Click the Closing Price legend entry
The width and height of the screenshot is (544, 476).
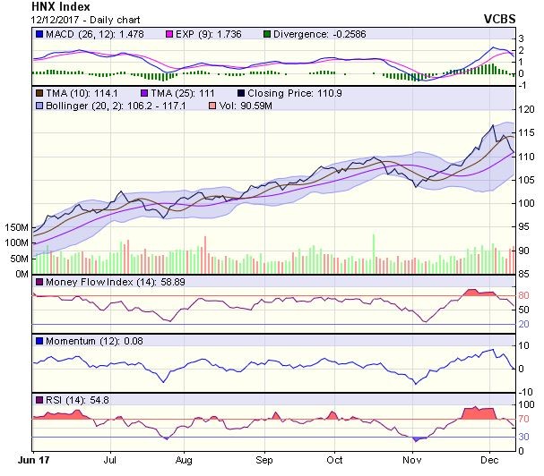pyautogui.click(x=289, y=92)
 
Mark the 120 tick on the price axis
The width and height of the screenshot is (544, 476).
pyautogui.click(x=528, y=109)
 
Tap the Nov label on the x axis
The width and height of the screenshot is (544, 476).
pyautogui.click(x=411, y=458)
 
